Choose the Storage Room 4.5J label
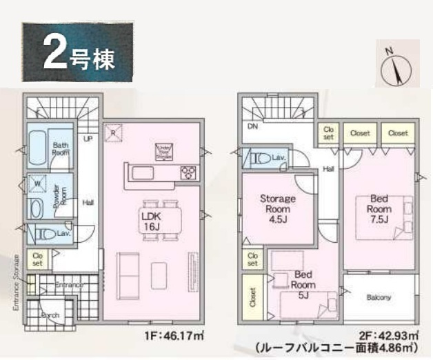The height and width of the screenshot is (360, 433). tap(277, 208)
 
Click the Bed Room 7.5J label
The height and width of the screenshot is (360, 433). tap(379, 209)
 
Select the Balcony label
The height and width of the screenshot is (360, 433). tap(379, 298)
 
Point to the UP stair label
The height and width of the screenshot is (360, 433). tap(88, 139)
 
